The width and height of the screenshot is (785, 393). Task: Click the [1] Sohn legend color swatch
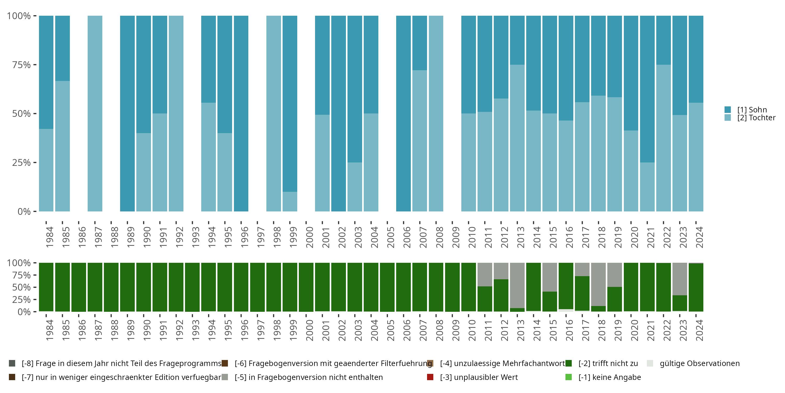point(728,110)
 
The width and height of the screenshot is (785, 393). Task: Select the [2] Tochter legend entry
point(756,118)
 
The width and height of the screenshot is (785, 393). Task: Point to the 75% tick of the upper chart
point(21,65)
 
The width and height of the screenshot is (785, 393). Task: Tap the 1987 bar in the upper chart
point(95,113)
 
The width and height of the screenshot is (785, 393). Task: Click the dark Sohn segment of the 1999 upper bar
point(290,104)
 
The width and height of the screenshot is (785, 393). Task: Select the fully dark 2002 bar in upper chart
point(339,113)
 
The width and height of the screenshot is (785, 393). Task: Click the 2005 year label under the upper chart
point(391,237)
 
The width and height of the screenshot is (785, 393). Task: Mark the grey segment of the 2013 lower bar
point(517,285)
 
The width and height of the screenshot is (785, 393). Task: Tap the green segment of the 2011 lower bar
point(485,299)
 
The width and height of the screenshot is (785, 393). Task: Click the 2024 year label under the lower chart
point(699,330)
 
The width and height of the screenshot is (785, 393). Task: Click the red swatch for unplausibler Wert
point(430,377)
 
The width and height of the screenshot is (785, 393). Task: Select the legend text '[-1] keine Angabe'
point(609,377)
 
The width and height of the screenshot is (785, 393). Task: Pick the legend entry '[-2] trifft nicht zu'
point(608,363)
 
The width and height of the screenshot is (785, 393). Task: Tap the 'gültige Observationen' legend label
point(699,363)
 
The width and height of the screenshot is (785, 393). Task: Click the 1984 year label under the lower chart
point(50,330)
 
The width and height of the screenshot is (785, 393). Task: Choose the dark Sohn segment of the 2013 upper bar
point(517,40)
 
